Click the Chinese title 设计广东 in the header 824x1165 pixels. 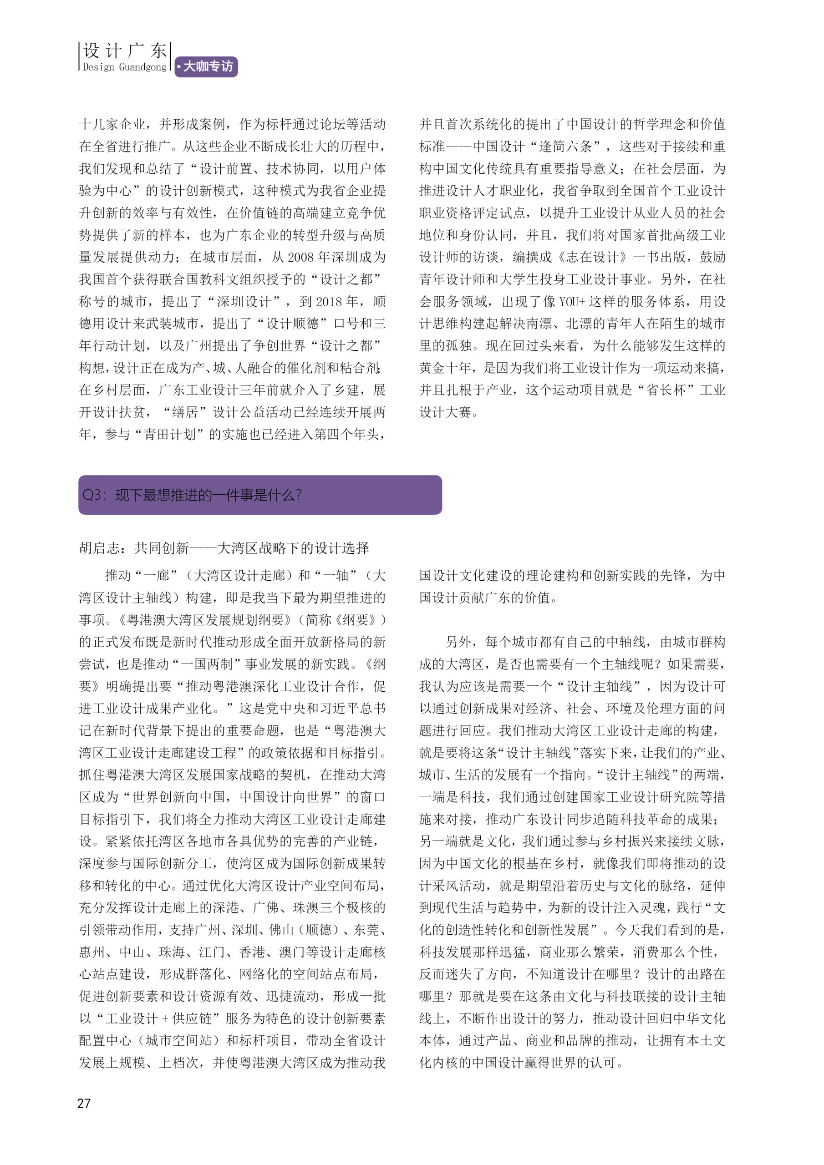click(124, 50)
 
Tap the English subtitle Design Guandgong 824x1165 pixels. click(124, 67)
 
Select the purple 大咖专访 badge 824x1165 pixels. click(206, 66)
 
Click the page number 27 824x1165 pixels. click(84, 1103)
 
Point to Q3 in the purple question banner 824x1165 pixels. click(92, 495)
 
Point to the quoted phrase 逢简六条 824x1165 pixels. click(565, 147)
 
